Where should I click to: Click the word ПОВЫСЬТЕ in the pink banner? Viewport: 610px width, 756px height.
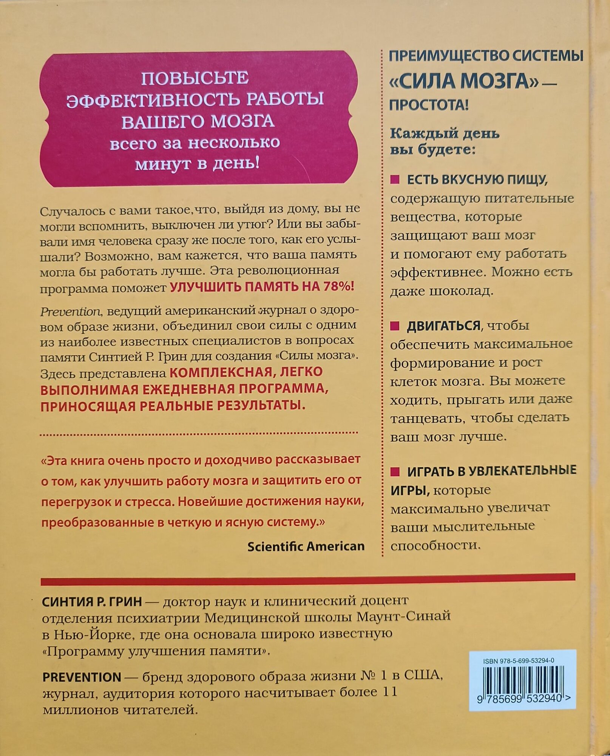click(195, 78)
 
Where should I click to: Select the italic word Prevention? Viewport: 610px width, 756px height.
click(70, 312)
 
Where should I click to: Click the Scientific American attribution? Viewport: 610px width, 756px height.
click(306, 546)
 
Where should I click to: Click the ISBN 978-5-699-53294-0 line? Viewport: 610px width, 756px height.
click(519, 661)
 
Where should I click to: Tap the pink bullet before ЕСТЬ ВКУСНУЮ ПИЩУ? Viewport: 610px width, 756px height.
click(395, 179)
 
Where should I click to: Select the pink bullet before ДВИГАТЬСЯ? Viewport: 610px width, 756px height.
click(395, 326)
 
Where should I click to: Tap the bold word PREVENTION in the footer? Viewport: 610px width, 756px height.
click(82, 677)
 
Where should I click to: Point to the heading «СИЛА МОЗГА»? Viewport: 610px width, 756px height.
click(464, 81)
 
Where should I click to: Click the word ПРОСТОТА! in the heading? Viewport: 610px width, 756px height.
click(429, 105)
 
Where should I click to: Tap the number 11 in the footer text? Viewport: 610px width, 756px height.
click(390, 692)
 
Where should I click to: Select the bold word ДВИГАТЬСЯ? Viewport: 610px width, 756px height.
click(443, 326)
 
